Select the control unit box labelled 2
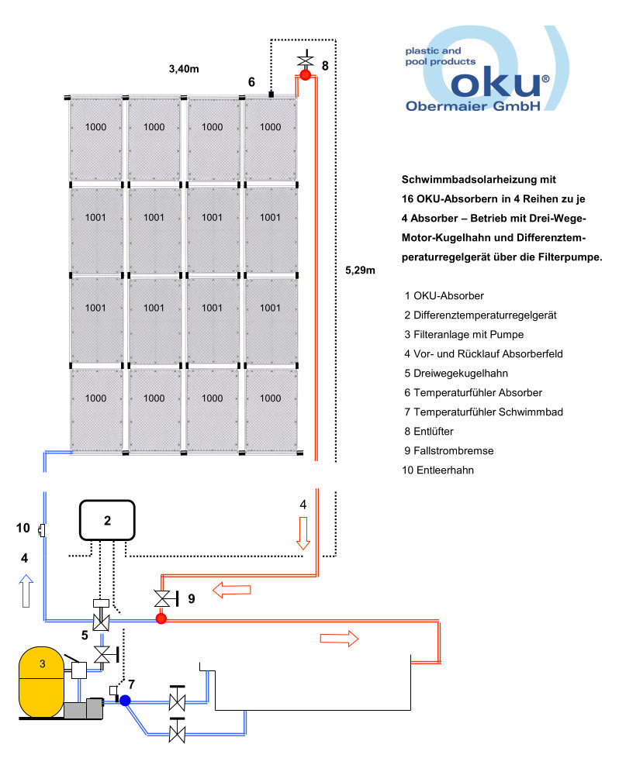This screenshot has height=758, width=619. [x=108, y=520]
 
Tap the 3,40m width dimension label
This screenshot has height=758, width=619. [x=184, y=70]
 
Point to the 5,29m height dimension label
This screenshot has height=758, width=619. [x=360, y=270]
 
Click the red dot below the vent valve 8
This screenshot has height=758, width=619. [x=305, y=76]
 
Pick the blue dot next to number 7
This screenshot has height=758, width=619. [x=124, y=699]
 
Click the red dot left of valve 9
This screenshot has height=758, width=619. [x=161, y=618]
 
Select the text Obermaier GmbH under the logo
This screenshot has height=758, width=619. [x=472, y=107]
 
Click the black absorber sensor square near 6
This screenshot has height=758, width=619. [x=271, y=95]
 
